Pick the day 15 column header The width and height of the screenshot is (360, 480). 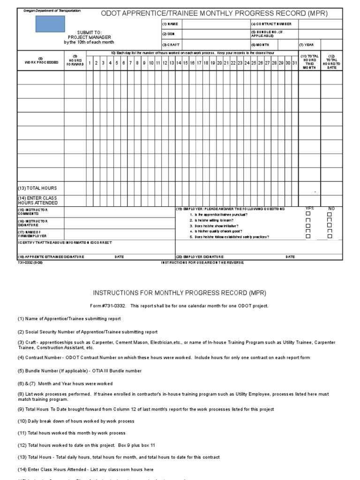coord(185,63)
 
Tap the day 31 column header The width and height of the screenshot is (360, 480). coord(294,63)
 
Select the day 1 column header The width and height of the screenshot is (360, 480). coord(90,63)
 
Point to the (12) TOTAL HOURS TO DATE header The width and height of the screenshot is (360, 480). coord(332,62)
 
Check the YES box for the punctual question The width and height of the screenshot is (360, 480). coord(308,214)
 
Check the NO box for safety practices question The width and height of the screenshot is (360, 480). coord(330,236)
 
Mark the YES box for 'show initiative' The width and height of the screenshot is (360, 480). coord(308,225)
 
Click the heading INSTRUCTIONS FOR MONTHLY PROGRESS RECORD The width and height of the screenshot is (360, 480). coord(180,293)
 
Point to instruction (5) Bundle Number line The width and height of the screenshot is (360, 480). coord(80,371)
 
